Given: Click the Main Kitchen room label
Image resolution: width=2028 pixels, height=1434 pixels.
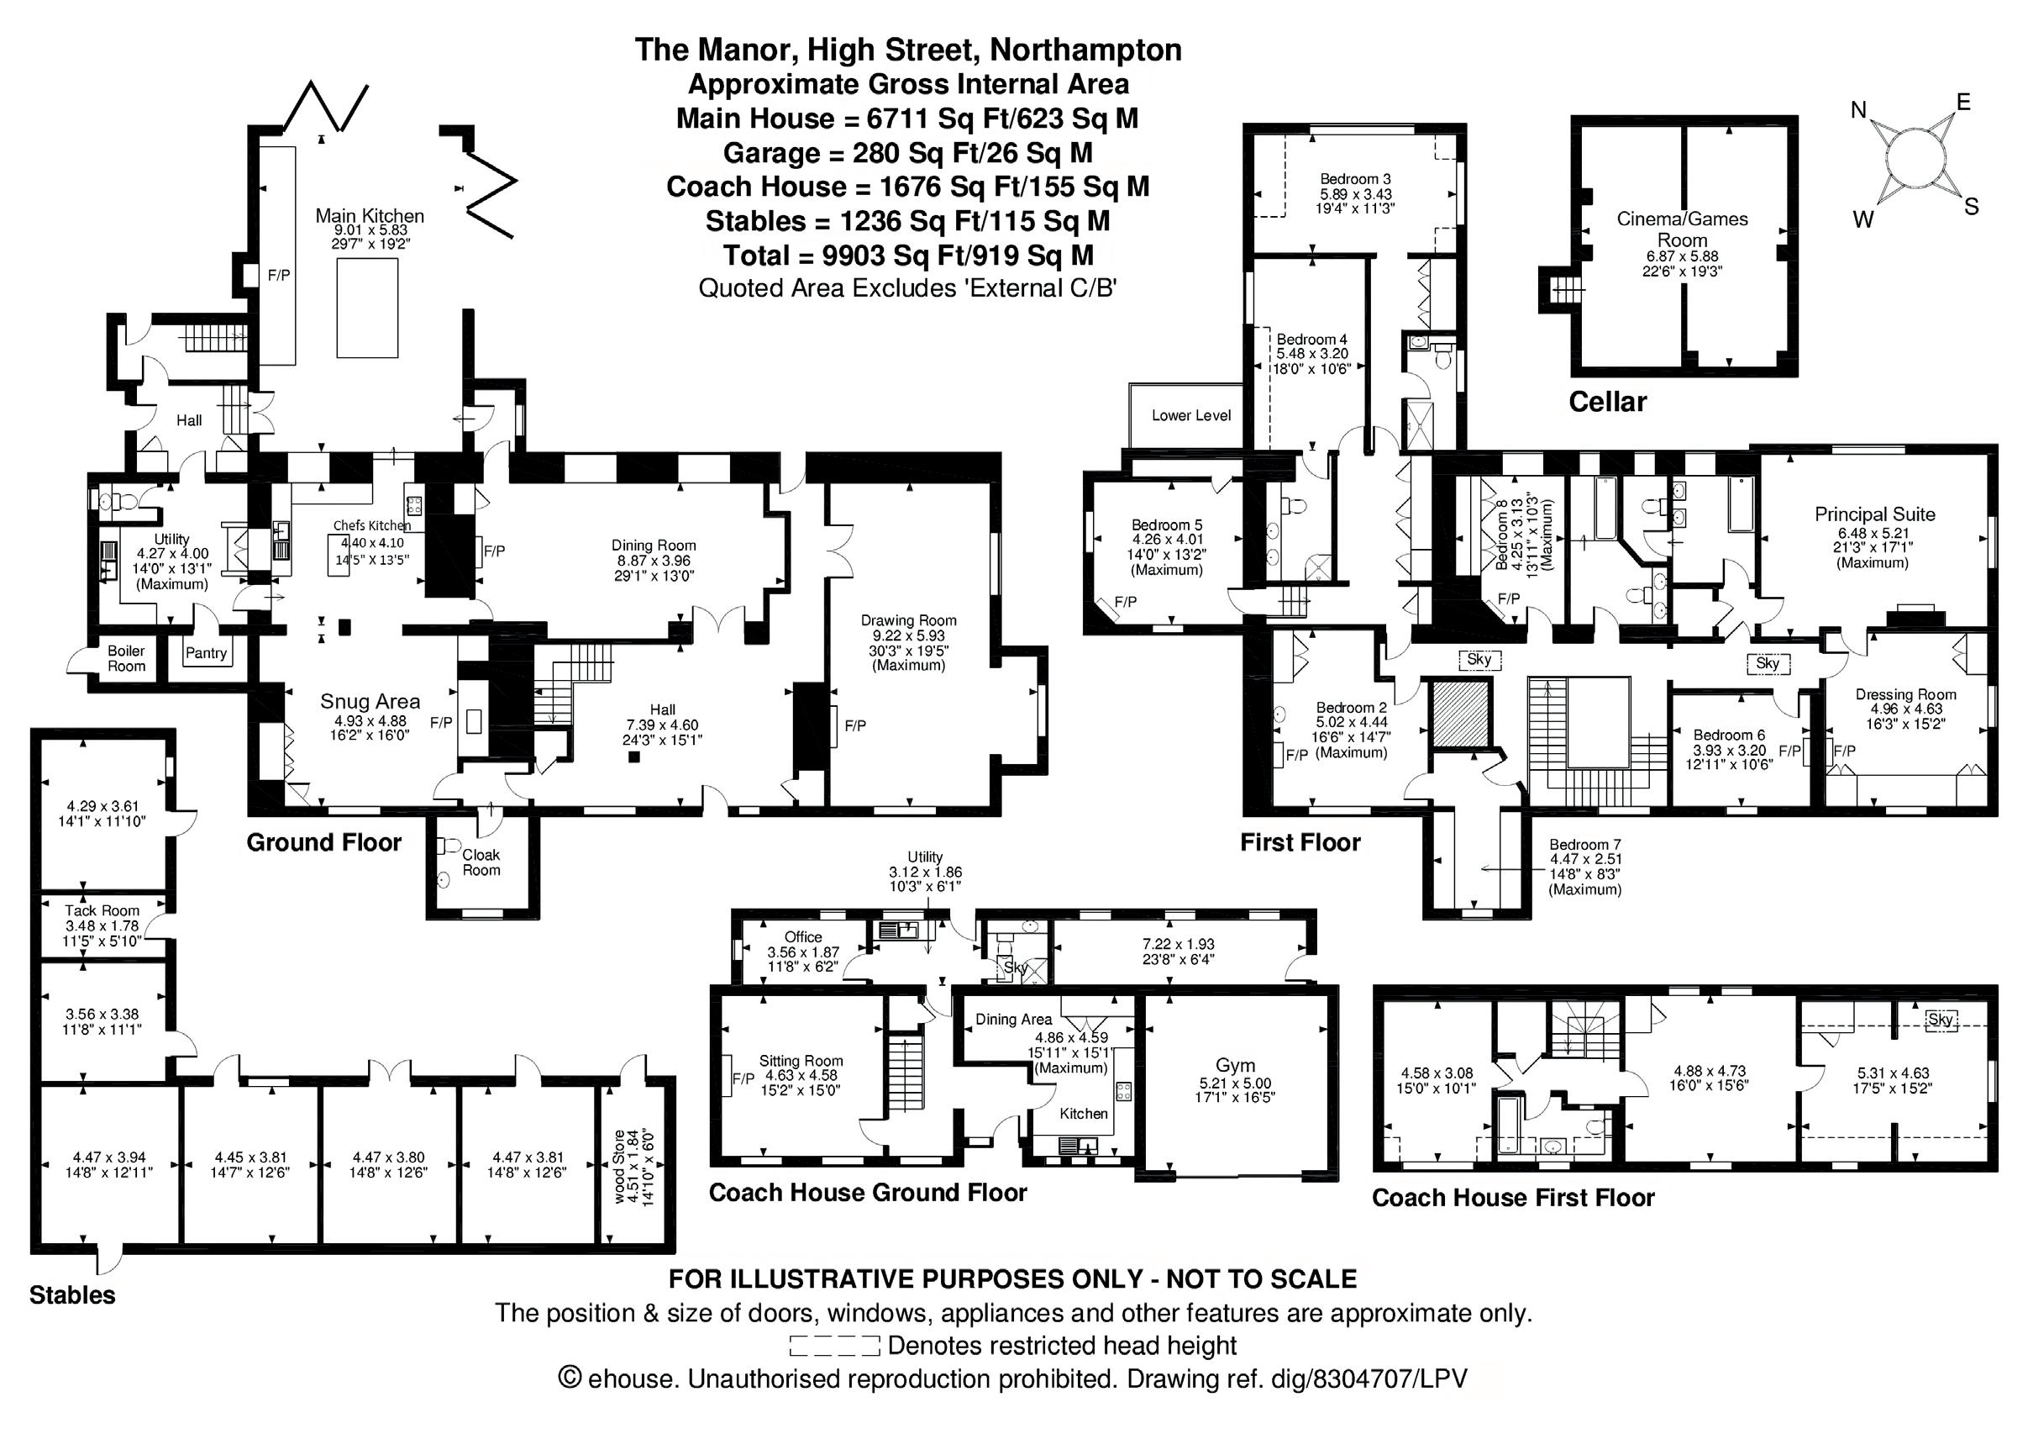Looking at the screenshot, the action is pyautogui.click(x=369, y=215).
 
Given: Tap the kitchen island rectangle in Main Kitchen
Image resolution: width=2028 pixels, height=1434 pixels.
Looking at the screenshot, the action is pyautogui.click(x=366, y=307).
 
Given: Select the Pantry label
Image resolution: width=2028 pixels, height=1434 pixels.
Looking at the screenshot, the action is pyautogui.click(x=206, y=653).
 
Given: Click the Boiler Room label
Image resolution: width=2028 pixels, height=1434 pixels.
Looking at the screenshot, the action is pyautogui.click(x=126, y=658).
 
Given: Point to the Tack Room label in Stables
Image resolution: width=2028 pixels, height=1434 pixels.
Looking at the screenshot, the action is pyautogui.click(x=102, y=910).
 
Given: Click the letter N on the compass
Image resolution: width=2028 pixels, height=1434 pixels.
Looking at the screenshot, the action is pyautogui.click(x=1858, y=110).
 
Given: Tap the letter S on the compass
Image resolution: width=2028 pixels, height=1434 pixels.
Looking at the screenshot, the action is pyautogui.click(x=1972, y=207).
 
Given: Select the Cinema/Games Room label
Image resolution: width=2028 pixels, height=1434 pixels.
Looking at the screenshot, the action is pyautogui.click(x=1682, y=229).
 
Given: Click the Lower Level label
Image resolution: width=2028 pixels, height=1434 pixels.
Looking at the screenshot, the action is pyautogui.click(x=1190, y=415).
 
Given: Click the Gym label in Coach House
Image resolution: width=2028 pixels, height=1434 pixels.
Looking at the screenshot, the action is pyautogui.click(x=1235, y=1066).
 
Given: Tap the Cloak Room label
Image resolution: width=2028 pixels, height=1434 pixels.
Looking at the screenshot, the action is pyautogui.click(x=481, y=862).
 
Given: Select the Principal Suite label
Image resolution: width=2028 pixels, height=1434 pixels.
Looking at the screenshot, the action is pyautogui.click(x=1874, y=514).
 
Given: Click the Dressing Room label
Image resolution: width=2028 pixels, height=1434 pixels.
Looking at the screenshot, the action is pyautogui.click(x=1905, y=694).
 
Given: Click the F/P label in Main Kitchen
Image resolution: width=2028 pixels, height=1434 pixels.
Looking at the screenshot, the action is pyautogui.click(x=279, y=275).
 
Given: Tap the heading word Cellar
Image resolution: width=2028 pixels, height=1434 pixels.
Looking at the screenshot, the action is pyautogui.click(x=1608, y=402).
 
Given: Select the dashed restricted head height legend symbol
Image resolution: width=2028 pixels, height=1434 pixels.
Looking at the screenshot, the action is pyautogui.click(x=835, y=1346).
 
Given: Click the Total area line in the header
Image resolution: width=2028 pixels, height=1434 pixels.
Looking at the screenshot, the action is pyautogui.click(x=908, y=256).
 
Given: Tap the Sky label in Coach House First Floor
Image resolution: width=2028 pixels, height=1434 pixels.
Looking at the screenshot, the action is pyautogui.click(x=1941, y=1019).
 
